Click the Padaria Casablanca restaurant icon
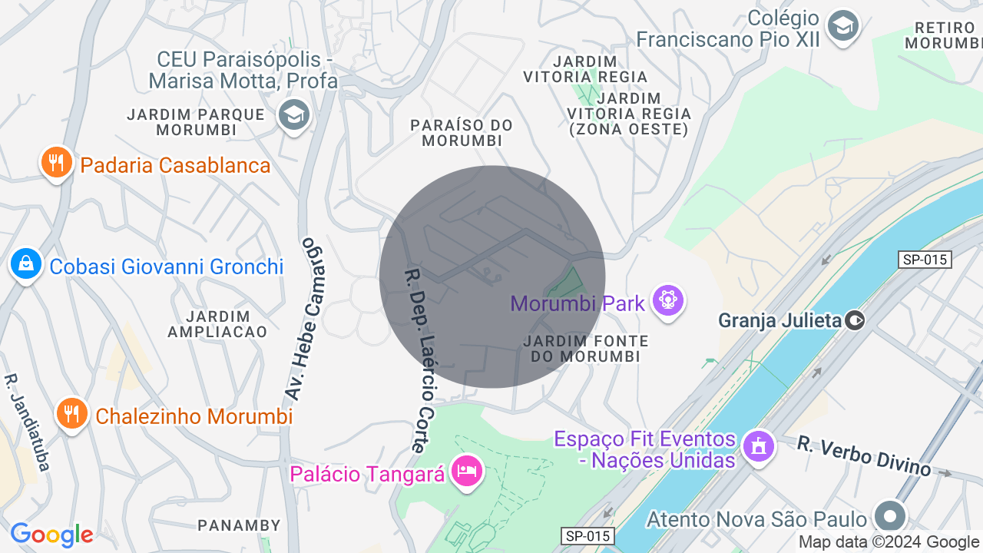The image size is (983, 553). pos(56,163)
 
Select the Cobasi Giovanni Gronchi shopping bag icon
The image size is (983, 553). pos(26,265)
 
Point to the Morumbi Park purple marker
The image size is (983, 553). pos(667,300)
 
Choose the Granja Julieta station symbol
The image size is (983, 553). pos(855,320)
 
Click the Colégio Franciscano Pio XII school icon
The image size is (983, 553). pos(843,27)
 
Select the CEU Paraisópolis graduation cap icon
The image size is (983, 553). pos(293,115)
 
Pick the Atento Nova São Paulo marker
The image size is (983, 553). pos(890,517)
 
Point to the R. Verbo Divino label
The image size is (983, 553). pos(863,455)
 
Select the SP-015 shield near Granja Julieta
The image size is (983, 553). pos(925,260)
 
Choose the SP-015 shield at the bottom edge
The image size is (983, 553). pos(587,536)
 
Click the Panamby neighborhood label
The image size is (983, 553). pos(239,525)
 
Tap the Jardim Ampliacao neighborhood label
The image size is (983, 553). pos(217,323)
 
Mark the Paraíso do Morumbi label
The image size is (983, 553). pos(461,132)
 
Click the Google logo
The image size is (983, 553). pos(51,535)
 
